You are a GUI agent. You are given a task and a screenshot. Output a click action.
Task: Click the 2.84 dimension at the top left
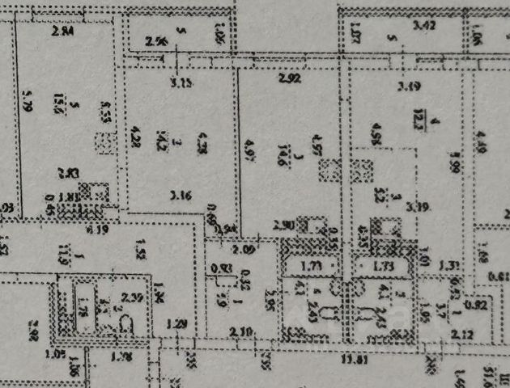62,32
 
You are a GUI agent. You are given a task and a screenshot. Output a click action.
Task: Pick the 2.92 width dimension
289,79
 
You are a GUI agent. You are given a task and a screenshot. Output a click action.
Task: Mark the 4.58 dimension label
376,131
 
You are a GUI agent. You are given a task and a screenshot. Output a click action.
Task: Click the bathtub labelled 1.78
82,309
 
